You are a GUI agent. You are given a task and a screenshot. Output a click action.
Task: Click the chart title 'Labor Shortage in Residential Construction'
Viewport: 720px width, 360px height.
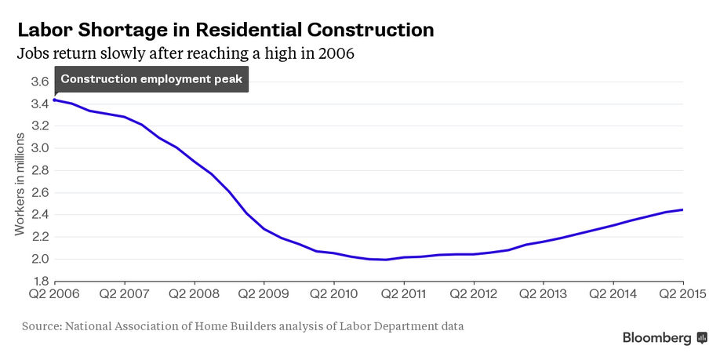[x=225, y=30]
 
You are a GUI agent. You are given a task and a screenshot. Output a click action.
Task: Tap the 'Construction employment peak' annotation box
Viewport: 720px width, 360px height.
[x=151, y=79]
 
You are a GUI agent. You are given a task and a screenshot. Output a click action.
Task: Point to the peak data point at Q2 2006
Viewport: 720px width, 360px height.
[x=54, y=100]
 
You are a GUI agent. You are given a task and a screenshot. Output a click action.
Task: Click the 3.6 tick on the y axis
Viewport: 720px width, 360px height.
[x=39, y=82]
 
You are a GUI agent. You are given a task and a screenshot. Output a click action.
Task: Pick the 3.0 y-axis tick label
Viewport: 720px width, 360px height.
[x=39, y=148]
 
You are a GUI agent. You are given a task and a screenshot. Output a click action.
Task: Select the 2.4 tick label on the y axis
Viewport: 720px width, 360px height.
[x=39, y=214]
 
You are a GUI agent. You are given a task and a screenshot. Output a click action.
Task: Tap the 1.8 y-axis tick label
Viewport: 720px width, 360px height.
[x=39, y=281]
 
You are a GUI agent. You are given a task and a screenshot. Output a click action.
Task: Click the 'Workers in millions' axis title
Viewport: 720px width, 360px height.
[x=20, y=181]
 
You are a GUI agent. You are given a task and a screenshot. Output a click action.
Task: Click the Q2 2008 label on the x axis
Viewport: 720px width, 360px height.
[x=194, y=293]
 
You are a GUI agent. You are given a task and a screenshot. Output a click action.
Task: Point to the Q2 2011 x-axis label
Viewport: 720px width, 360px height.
[x=403, y=293]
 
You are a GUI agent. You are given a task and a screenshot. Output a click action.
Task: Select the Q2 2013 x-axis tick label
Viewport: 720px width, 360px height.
[x=544, y=293]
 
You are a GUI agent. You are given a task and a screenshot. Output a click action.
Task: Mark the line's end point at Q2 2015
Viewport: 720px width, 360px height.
[x=683, y=209]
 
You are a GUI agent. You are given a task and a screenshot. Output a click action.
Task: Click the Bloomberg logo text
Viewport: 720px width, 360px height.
[x=657, y=338]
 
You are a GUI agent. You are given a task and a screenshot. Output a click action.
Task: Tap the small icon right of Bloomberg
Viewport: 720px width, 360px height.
[x=702, y=338]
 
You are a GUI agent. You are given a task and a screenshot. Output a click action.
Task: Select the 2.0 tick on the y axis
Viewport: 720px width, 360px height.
[x=39, y=259]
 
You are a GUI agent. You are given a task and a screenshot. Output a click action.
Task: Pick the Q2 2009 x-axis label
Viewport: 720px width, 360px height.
[x=264, y=293]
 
